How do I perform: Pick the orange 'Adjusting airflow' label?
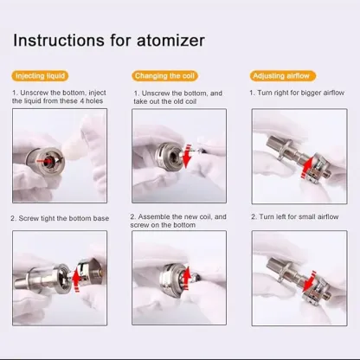coord(281,76)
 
